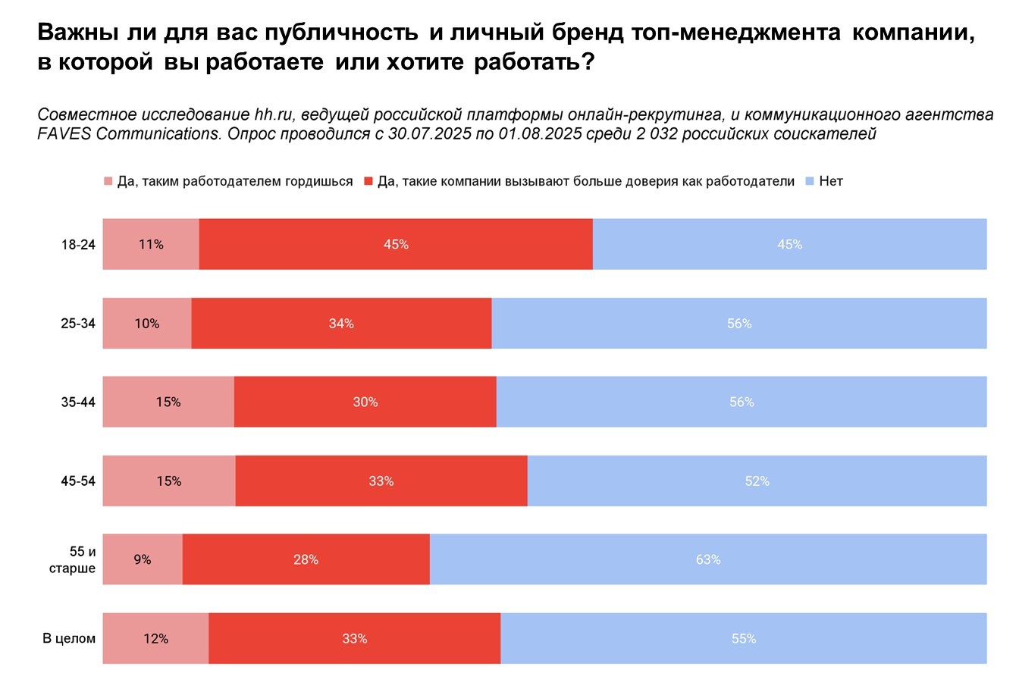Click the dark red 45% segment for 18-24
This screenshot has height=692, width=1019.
click(396, 244)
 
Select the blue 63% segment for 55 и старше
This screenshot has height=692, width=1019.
click(708, 559)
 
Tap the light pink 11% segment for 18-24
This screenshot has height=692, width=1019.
click(151, 244)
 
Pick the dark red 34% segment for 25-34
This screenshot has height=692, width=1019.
click(341, 323)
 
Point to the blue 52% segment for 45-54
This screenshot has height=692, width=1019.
click(757, 481)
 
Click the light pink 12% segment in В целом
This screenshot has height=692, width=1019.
click(155, 638)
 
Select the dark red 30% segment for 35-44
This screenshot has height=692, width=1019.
click(365, 402)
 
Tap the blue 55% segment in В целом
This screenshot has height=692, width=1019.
click(743, 638)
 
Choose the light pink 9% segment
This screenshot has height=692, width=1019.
click(143, 559)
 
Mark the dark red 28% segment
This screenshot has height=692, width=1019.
click(306, 559)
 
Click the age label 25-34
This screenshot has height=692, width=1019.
click(78, 324)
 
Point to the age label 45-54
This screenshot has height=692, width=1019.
click(78, 481)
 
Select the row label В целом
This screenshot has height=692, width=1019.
click(69, 639)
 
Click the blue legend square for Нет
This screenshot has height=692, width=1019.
click(810, 182)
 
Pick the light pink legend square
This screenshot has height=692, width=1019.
click(108, 182)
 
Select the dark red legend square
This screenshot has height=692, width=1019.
click(368, 182)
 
